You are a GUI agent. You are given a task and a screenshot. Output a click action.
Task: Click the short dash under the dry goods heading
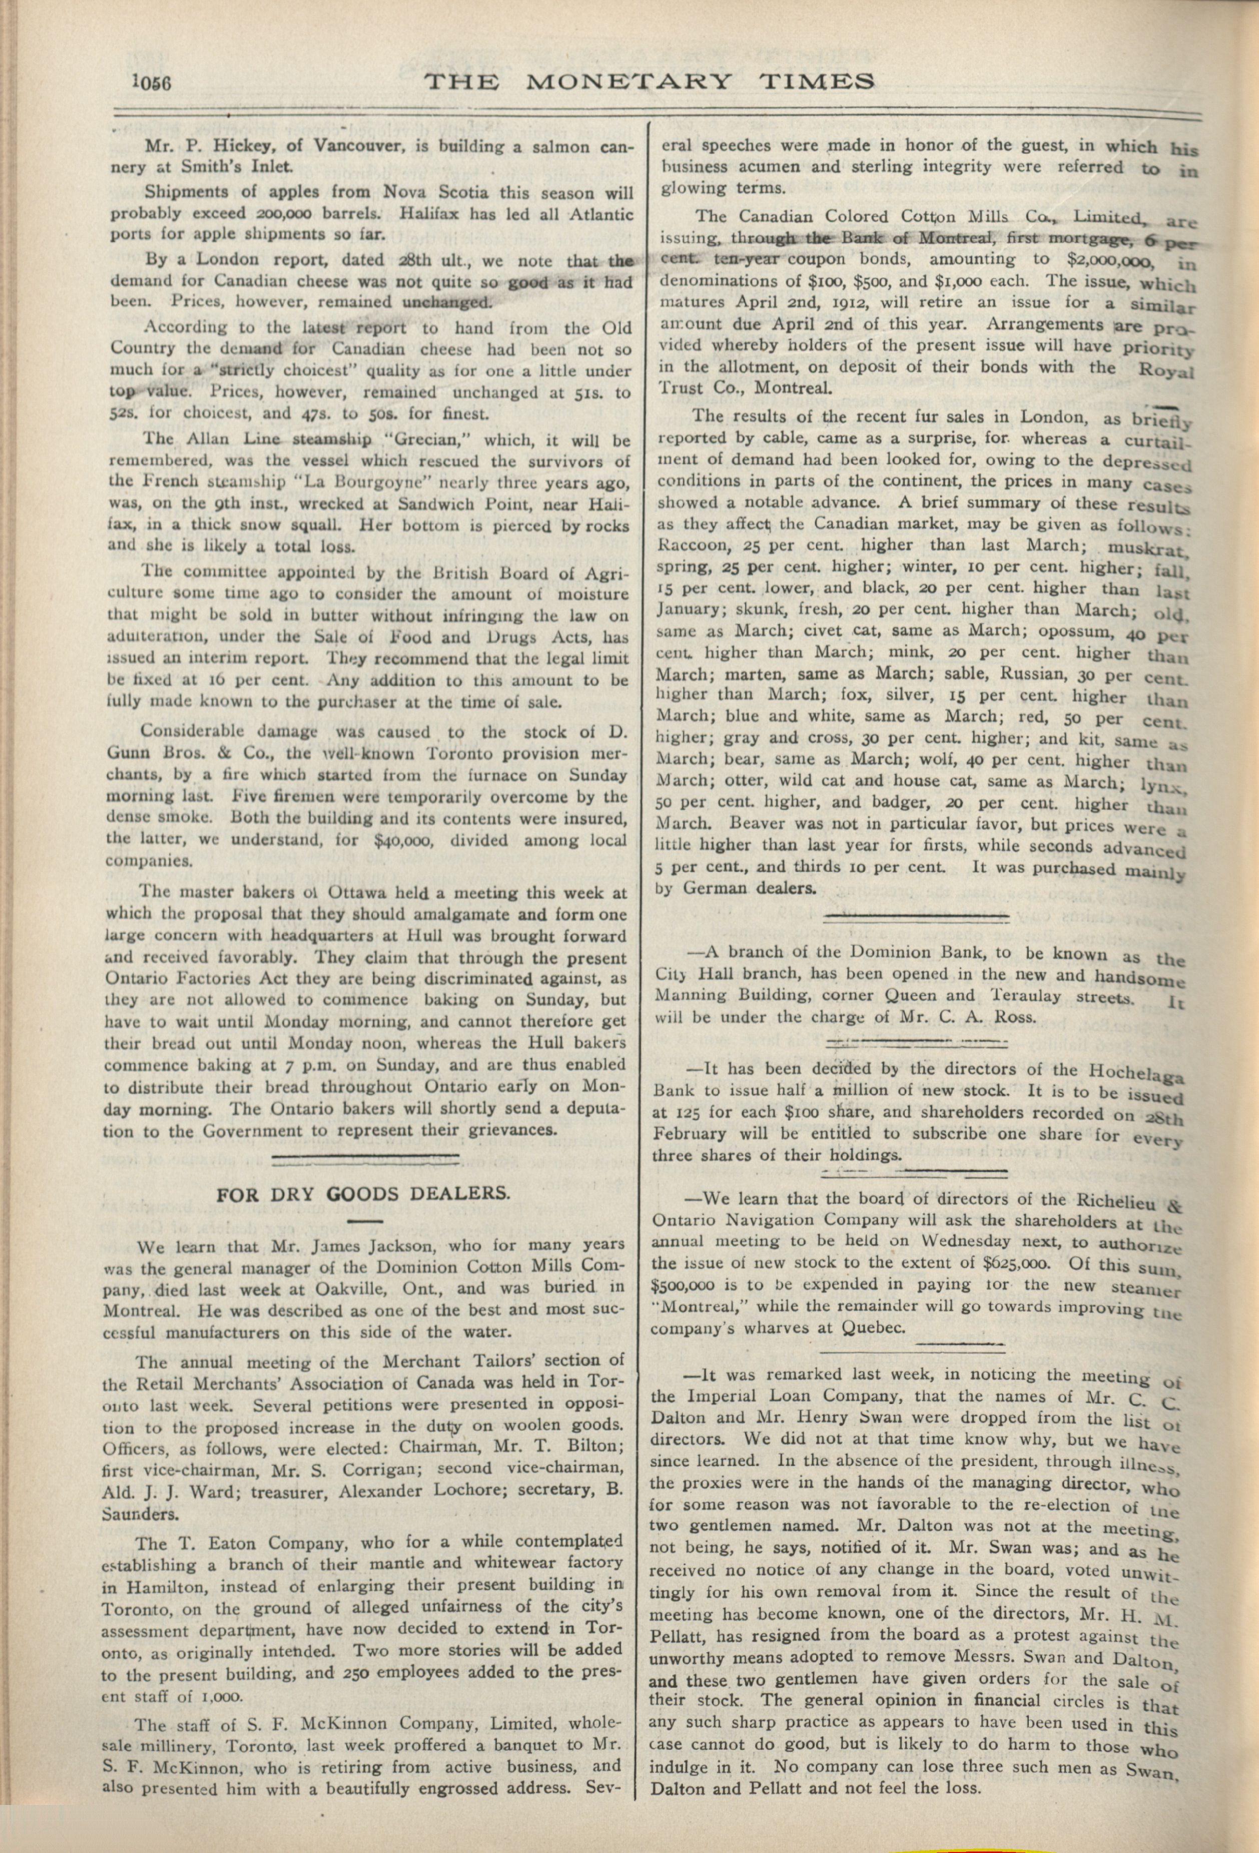coord(366,1221)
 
